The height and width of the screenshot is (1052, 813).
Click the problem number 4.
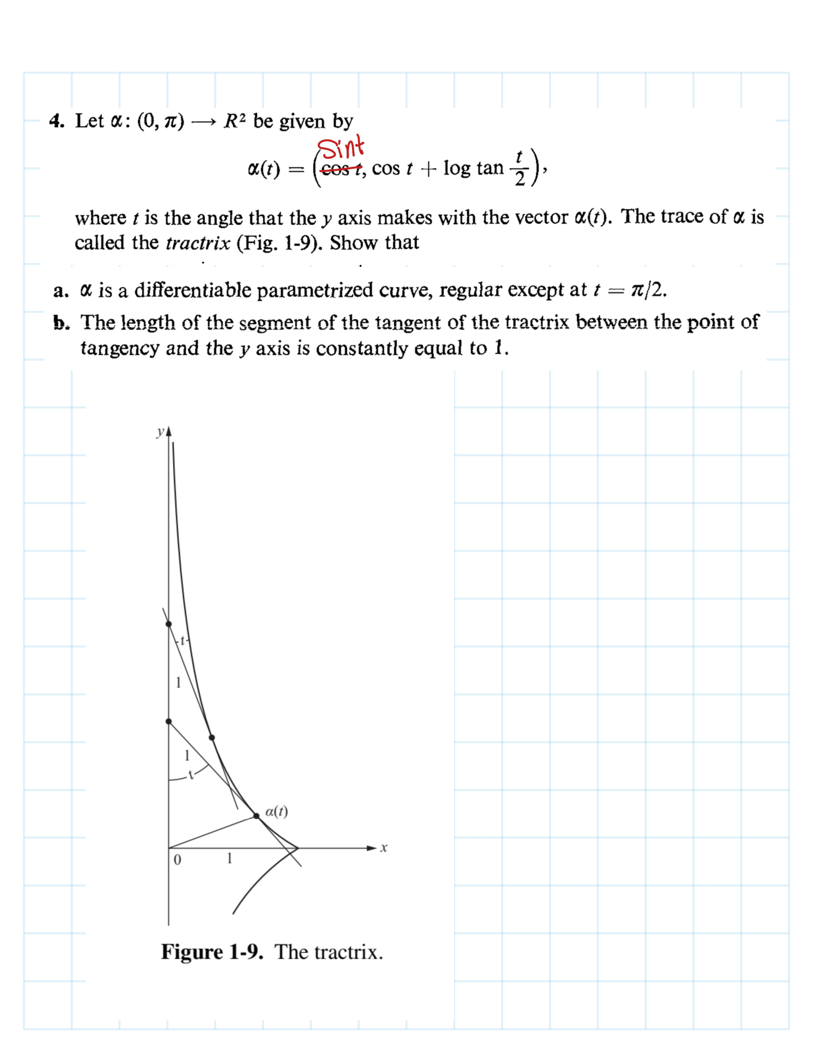56,121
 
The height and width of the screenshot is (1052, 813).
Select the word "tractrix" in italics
198,243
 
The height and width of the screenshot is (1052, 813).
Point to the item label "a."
61,291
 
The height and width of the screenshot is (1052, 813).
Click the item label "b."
61,323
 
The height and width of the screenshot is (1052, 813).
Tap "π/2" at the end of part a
648,290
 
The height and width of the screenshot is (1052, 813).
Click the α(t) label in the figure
276,811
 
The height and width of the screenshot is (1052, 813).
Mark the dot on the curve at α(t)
256,816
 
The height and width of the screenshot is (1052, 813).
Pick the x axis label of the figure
384,848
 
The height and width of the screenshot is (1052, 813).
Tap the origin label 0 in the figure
177,860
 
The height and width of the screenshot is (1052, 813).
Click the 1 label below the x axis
230,858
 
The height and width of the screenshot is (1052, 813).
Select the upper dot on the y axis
168,624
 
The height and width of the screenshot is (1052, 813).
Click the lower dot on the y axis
168,722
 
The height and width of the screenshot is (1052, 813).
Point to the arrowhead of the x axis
371,848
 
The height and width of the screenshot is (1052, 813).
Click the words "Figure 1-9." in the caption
212,952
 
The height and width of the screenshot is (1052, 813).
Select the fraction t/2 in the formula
519,169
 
